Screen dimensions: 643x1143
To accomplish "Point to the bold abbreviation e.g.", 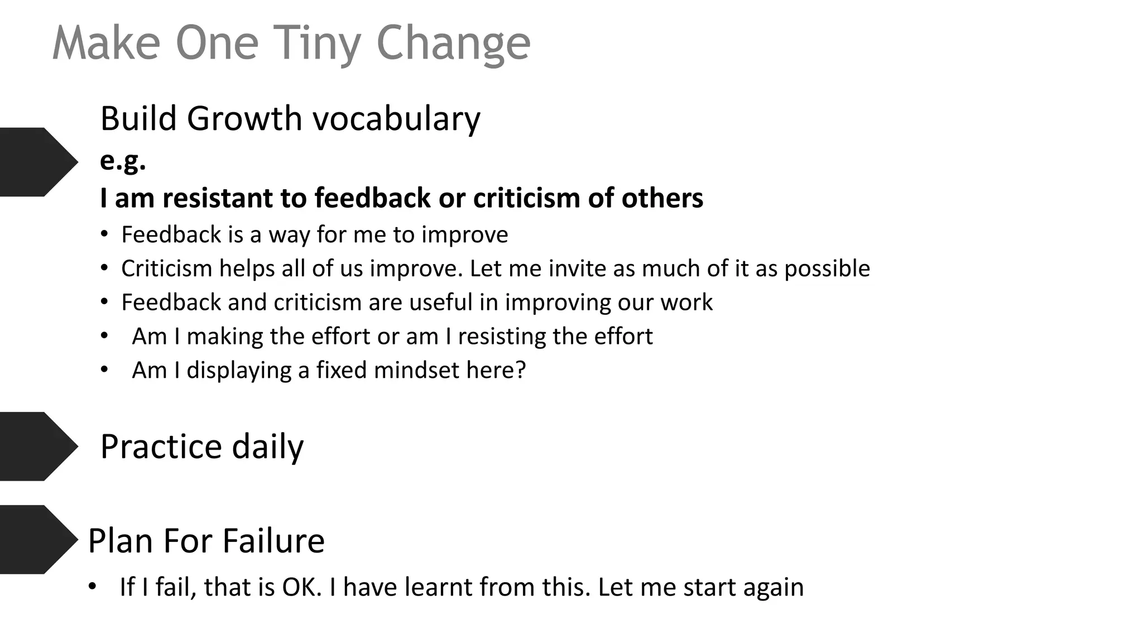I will click(x=123, y=161).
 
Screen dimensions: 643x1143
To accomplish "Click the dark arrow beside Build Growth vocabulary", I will click(x=37, y=162).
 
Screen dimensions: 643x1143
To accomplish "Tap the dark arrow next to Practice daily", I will click(x=37, y=447).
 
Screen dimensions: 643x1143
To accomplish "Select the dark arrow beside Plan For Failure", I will click(x=37, y=540).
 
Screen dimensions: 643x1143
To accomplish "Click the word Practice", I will click(x=162, y=447).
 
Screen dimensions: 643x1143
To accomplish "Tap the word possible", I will click(x=827, y=269).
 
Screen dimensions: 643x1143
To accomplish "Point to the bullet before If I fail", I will click(x=93, y=587).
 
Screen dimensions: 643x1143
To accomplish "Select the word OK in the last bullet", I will click(x=301, y=587).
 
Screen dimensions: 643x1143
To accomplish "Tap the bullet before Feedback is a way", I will click(x=104, y=234).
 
